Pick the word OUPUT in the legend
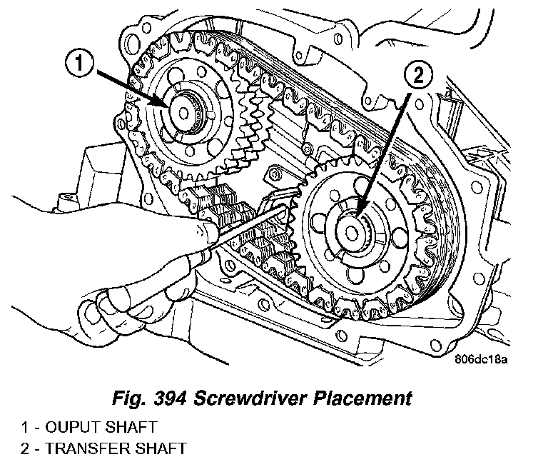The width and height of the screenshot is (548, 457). point(70,428)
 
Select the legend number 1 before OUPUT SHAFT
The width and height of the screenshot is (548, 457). point(25,428)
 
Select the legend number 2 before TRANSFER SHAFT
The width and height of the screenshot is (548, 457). point(25,448)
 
